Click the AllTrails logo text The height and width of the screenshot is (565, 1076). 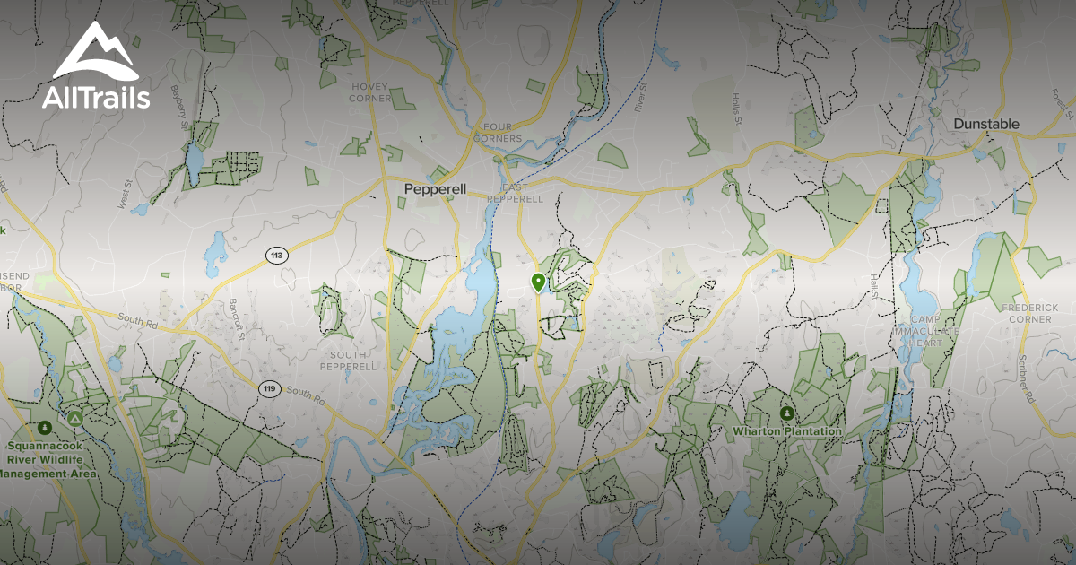tap(96, 97)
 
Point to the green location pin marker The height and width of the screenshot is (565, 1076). tap(538, 283)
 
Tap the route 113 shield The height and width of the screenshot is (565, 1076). tap(277, 256)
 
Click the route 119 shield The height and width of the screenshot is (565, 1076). tap(268, 388)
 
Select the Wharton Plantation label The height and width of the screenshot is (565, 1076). tap(787, 431)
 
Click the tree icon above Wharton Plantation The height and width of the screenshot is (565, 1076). tap(787, 413)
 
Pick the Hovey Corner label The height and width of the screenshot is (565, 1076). tap(371, 92)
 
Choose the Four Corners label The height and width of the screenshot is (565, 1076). tap(497, 133)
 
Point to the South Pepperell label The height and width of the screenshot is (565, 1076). tap(347, 361)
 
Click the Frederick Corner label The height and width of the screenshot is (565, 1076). tap(1029, 313)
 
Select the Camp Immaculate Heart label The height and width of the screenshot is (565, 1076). tap(935, 331)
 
